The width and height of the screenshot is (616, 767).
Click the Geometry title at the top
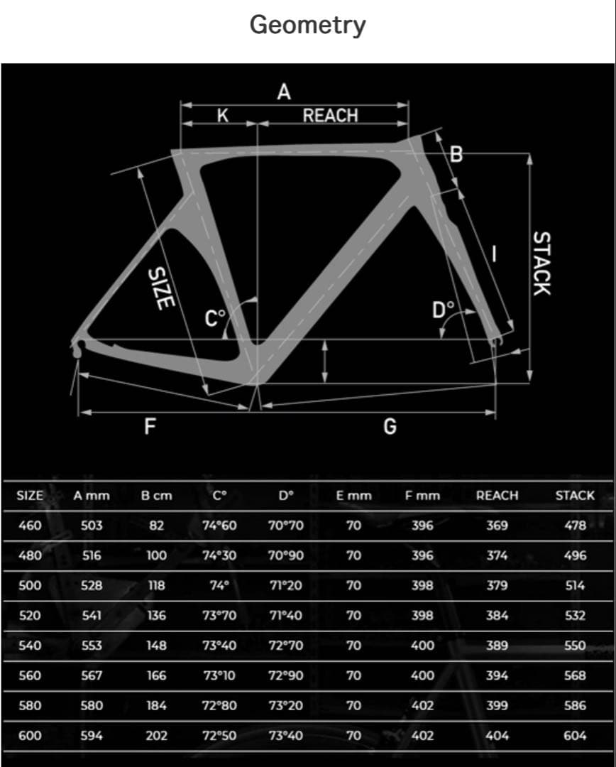pyautogui.click(x=307, y=26)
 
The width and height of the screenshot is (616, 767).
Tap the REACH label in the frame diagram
pyautogui.click(x=330, y=116)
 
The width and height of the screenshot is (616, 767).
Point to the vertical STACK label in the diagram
pyautogui.click(x=541, y=263)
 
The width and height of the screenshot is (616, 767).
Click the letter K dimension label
pyautogui.click(x=222, y=116)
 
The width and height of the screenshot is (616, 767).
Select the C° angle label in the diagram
pyautogui.click(x=215, y=319)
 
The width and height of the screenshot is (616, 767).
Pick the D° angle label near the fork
pyautogui.click(x=444, y=310)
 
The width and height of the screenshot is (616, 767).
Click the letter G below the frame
pyautogui.click(x=390, y=426)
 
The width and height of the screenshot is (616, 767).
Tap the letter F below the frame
pyautogui.click(x=150, y=426)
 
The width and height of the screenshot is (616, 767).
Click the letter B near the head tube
pyautogui.click(x=457, y=154)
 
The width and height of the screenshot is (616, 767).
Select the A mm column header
pyautogui.click(x=91, y=496)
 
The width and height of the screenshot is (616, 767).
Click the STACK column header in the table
pyautogui.click(x=575, y=496)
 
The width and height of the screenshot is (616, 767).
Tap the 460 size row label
pyautogui.click(x=29, y=526)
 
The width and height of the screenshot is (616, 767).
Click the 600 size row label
pyautogui.click(x=29, y=736)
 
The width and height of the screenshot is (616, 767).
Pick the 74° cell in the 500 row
pyautogui.click(x=219, y=586)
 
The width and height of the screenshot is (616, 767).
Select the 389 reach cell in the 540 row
pyautogui.click(x=497, y=646)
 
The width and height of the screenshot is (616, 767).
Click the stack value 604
pyautogui.click(x=575, y=736)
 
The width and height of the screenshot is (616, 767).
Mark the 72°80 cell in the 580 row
pyautogui.click(x=219, y=706)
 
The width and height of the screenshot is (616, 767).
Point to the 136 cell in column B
pyautogui.click(x=156, y=616)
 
